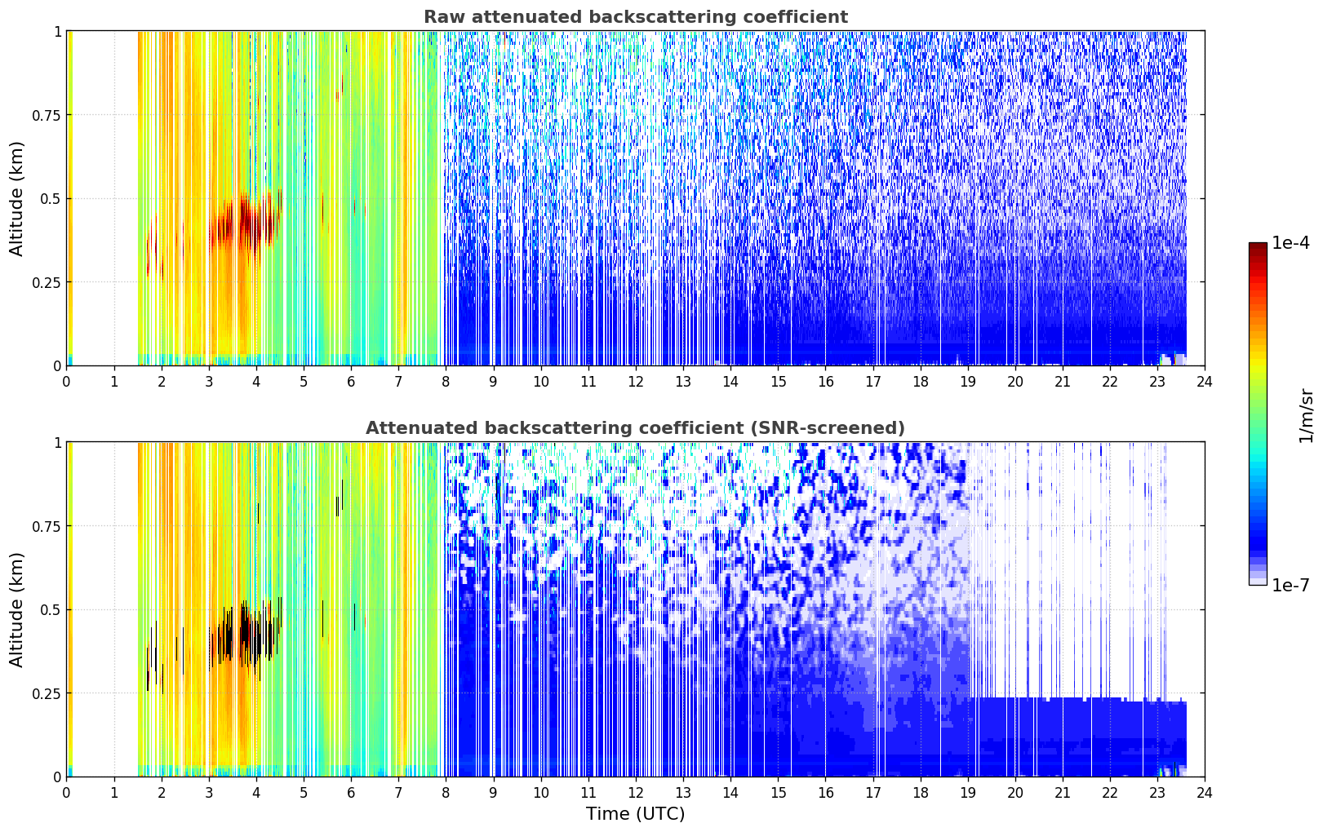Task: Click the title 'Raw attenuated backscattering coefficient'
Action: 636,16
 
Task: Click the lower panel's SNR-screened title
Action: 636,427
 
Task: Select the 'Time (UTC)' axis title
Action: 636,814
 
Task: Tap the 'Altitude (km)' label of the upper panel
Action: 16,199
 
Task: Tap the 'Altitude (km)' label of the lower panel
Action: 16,610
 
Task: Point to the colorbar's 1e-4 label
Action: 1290,242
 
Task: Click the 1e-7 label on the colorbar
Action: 1290,586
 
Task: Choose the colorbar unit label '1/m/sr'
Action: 1307,415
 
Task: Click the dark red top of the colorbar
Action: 1258,246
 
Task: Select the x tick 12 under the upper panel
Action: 636,382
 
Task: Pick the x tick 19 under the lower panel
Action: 967,793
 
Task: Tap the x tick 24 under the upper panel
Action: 1205,382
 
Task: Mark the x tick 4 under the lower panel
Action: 255,793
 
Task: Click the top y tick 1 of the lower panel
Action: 57,443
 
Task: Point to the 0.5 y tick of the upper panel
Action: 51,200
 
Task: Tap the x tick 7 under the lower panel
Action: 398,793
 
